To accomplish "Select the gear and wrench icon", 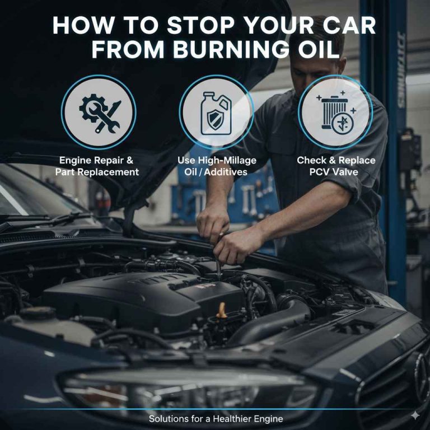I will click(99, 111).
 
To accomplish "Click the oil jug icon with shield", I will click(216, 111).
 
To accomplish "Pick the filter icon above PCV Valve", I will click(334, 111).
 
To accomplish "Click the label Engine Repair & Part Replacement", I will click(97, 166).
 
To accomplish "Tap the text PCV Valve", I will click(336, 172).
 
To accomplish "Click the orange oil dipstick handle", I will click(222, 310).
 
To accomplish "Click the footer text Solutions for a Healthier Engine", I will click(216, 419).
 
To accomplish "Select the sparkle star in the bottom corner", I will click(415, 415).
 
